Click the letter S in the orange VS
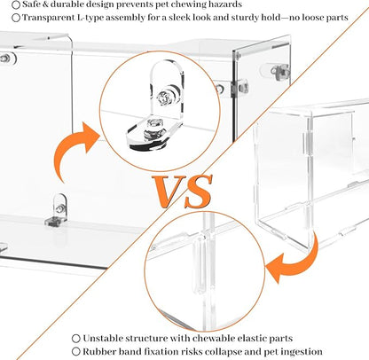[199, 192]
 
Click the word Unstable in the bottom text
[102, 338]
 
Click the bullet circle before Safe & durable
[16, 4]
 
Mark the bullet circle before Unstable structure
[76, 338]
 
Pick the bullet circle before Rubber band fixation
[76, 352]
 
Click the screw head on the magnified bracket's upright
[163, 97]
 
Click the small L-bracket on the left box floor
[56, 210]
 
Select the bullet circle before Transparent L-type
[16, 18]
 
